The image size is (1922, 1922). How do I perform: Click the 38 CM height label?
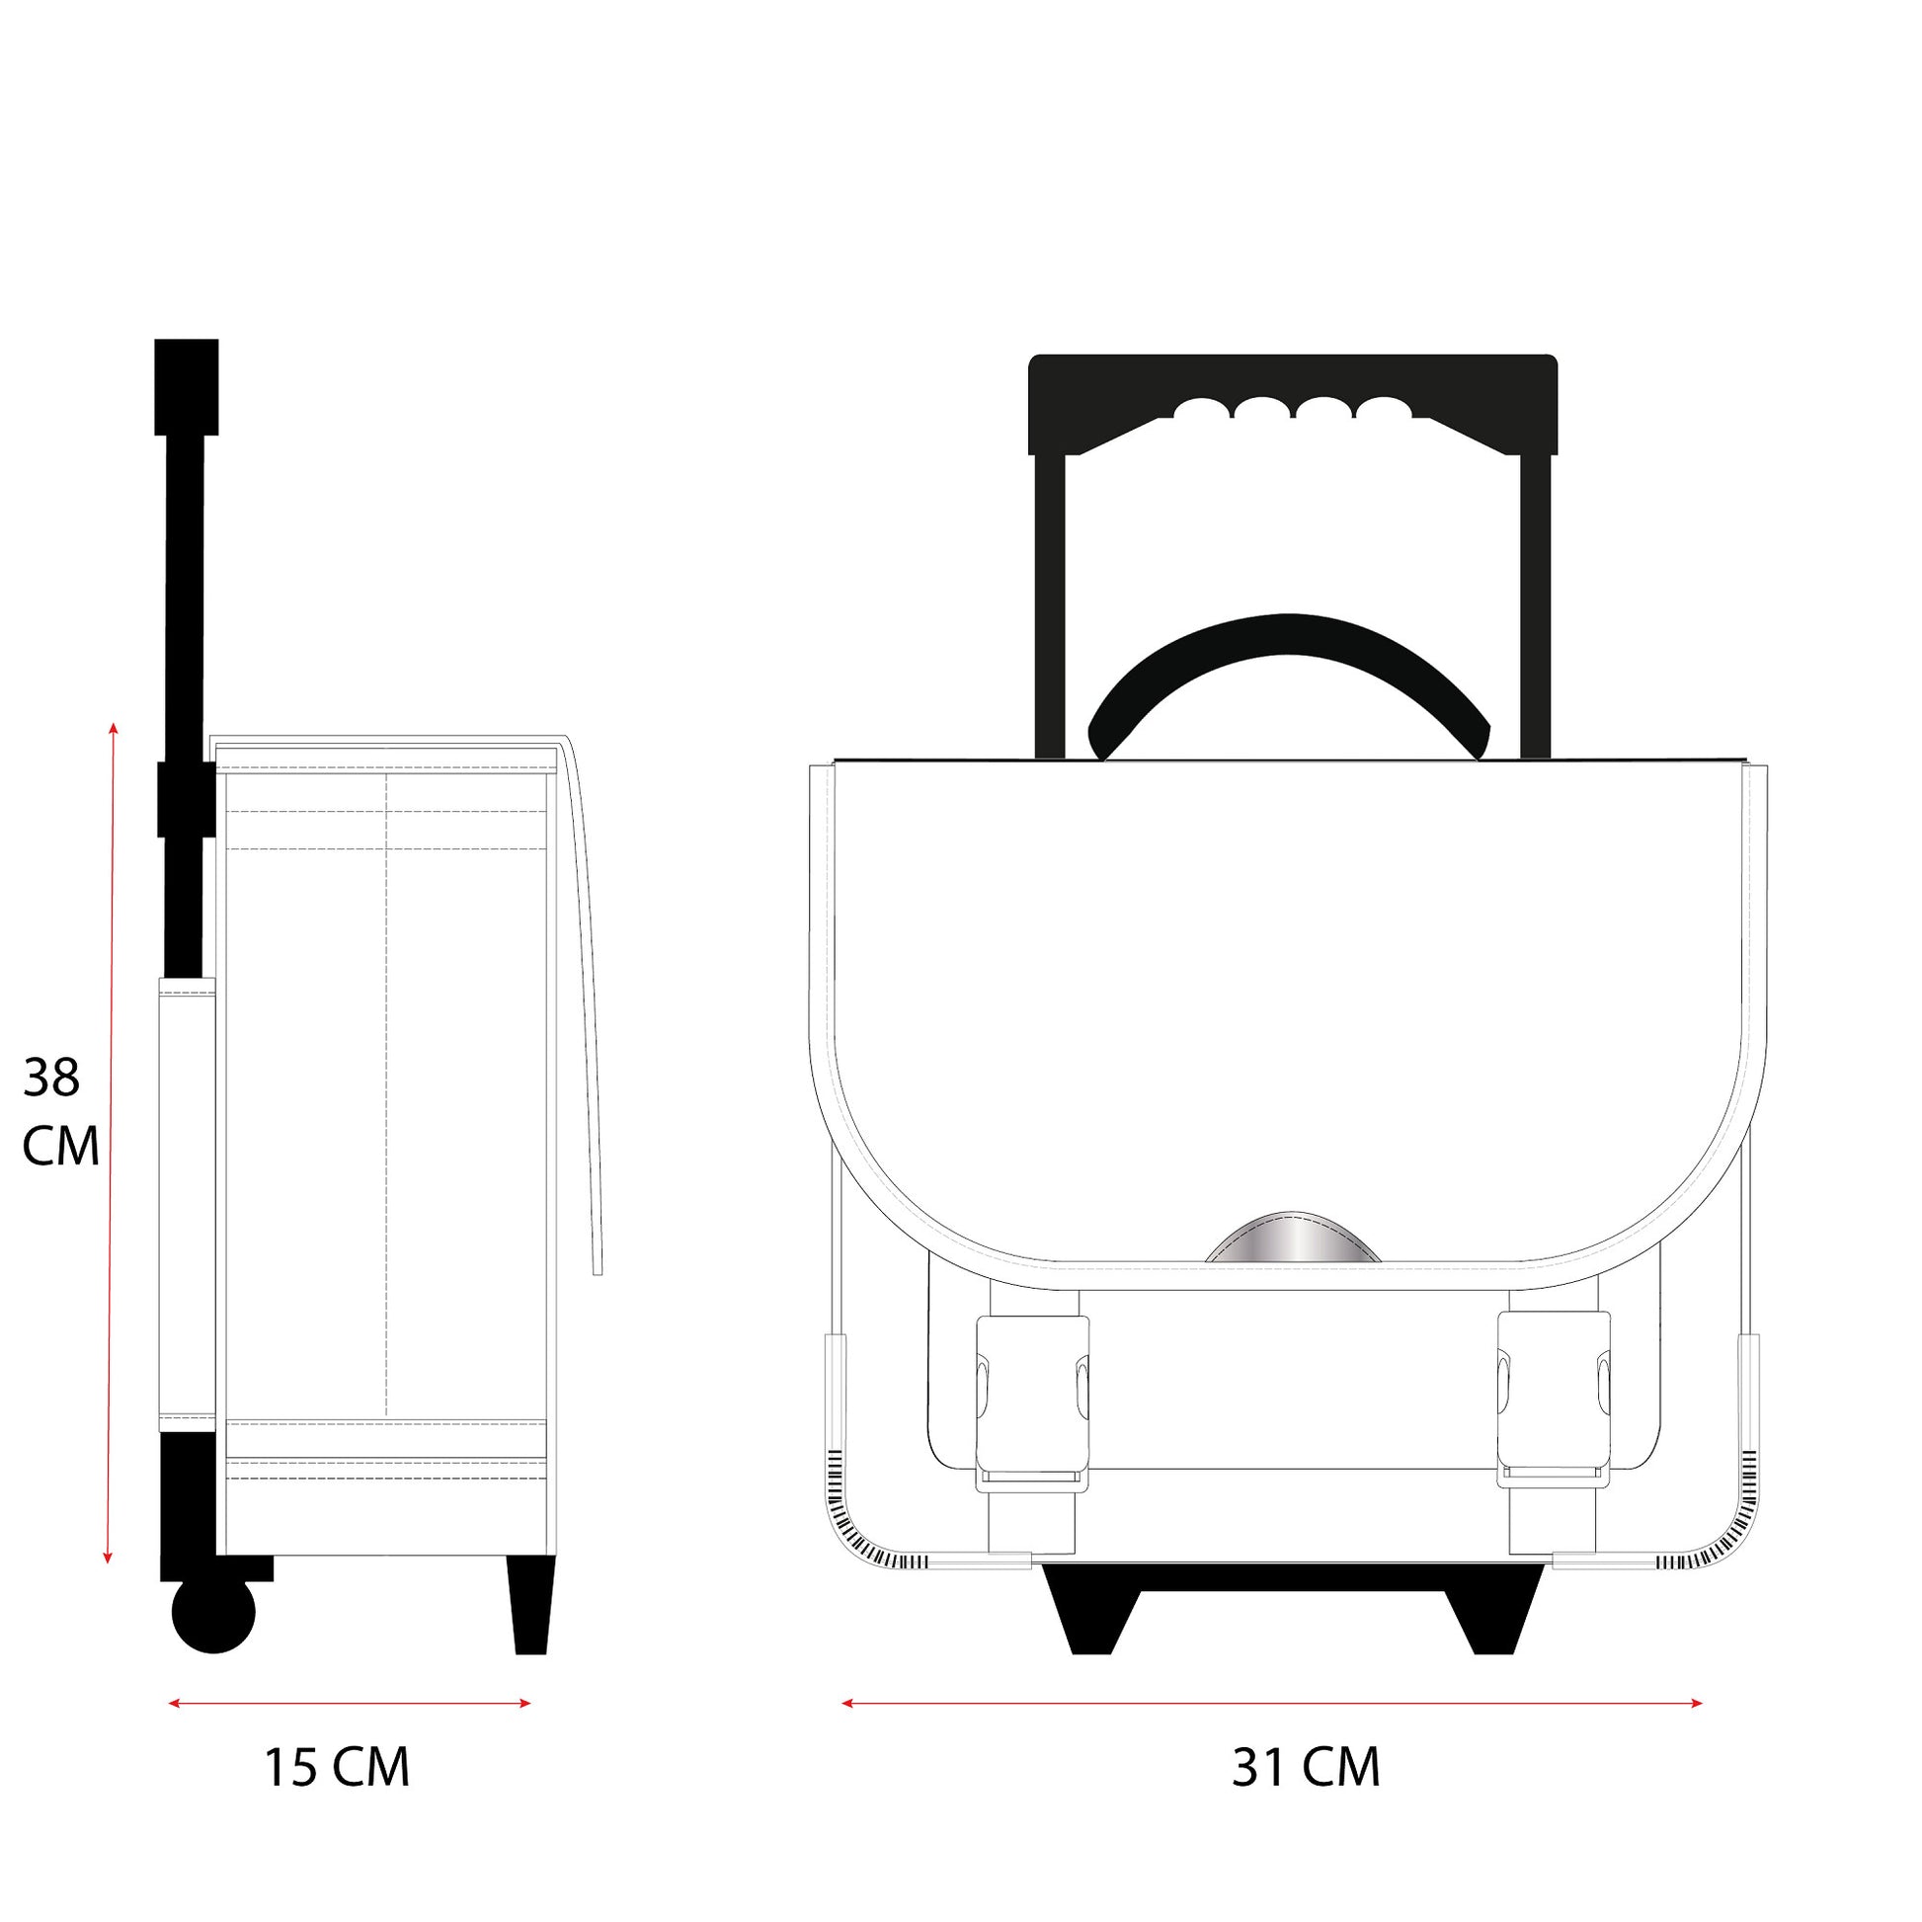(x=60, y=1111)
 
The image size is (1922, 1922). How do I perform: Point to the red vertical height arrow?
(x=111, y=1142)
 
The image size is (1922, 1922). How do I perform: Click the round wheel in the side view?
(x=214, y=1615)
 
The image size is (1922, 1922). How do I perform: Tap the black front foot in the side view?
(x=531, y=1605)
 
